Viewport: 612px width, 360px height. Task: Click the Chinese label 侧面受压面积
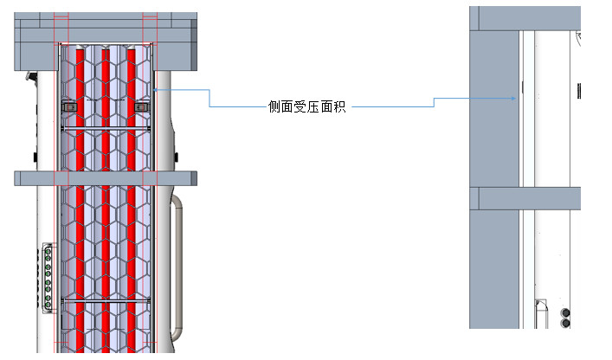306,107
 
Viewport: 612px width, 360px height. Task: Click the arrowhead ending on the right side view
516,98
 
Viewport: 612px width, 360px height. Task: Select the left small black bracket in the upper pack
70,106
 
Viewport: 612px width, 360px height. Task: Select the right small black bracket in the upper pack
141,106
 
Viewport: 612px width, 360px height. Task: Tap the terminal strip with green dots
47,275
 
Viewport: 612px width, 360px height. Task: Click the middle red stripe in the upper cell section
106,104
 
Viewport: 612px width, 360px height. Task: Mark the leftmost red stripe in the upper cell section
80,104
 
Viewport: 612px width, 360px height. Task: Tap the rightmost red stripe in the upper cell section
132,104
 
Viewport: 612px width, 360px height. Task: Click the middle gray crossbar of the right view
528,198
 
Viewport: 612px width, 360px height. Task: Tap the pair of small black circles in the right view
567,317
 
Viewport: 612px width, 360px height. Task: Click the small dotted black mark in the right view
577,90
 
